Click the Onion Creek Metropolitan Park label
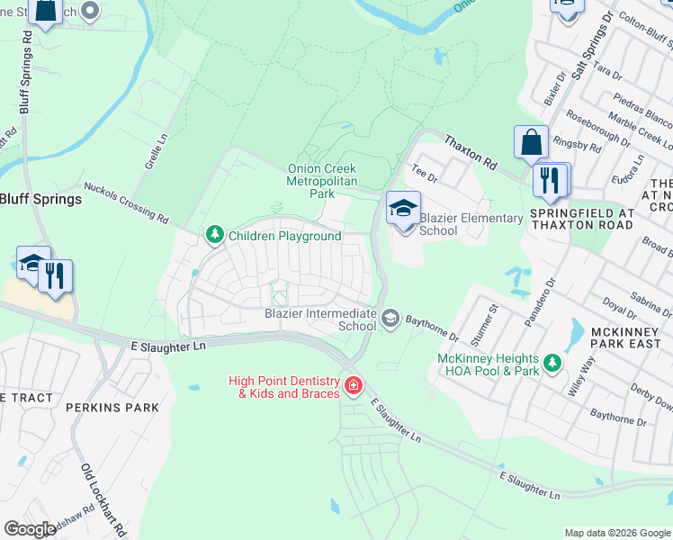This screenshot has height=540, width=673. [321, 181]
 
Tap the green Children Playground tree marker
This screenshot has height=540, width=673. [214, 236]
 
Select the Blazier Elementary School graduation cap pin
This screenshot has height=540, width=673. [403, 209]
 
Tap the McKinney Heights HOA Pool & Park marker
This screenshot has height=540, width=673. [552, 364]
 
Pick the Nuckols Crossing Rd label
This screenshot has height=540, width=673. [126, 202]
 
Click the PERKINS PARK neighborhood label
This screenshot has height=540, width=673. [112, 408]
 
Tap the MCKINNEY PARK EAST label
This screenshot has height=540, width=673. [625, 337]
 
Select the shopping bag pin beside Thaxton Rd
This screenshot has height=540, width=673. [531, 142]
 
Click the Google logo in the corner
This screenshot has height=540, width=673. [30, 529]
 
